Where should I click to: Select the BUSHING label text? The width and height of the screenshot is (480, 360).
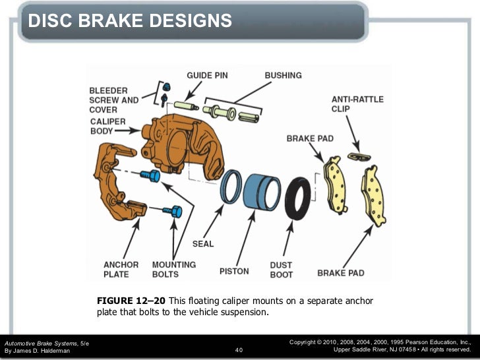tap(284, 76)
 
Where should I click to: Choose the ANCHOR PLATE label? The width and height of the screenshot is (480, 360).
tap(121, 270)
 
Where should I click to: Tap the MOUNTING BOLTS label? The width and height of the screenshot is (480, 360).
tap(174, 270)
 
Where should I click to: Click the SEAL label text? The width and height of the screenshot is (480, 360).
tap(203, 244)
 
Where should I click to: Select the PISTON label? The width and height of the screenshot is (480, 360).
tap(234, 271)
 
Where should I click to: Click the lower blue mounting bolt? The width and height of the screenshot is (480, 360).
tap(173, 212)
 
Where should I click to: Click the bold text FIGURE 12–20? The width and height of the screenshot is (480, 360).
tap(131, 301)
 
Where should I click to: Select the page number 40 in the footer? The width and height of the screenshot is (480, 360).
tap(239, 350)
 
